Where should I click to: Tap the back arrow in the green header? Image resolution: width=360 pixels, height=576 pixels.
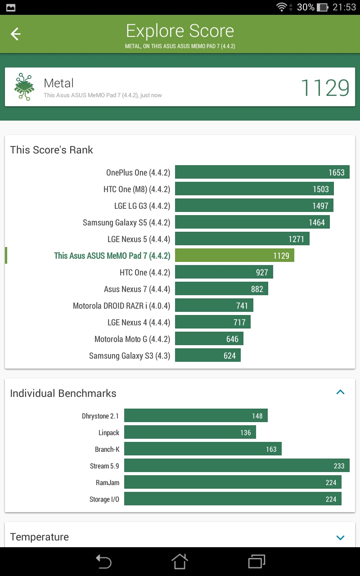15,34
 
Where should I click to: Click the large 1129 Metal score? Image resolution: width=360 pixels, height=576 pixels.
325,88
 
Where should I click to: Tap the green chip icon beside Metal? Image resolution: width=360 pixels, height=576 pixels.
24,87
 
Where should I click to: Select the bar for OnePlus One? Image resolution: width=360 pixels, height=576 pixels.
262,172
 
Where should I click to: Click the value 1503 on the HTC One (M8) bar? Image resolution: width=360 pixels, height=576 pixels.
321,189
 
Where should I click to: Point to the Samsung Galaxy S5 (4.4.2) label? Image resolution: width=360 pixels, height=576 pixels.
126,223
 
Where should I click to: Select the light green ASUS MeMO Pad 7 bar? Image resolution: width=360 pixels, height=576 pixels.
234,255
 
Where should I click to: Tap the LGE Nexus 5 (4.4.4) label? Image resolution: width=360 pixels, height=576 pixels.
139,239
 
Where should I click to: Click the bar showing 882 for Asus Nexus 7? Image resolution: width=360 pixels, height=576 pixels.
221,289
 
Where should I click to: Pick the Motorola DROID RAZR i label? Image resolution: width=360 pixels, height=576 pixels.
121,306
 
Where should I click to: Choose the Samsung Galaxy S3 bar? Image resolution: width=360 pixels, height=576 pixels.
208,355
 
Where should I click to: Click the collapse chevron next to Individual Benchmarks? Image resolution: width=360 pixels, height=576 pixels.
341,392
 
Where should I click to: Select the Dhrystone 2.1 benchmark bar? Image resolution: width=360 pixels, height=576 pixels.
196,415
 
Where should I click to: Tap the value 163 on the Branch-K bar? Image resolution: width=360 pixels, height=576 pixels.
271,449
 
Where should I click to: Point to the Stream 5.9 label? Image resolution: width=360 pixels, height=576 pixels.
104,466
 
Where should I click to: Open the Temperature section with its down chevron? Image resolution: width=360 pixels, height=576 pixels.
341,537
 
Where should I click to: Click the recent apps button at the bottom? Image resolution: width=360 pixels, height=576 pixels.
256,561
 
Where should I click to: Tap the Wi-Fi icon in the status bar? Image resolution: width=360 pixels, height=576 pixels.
282,7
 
